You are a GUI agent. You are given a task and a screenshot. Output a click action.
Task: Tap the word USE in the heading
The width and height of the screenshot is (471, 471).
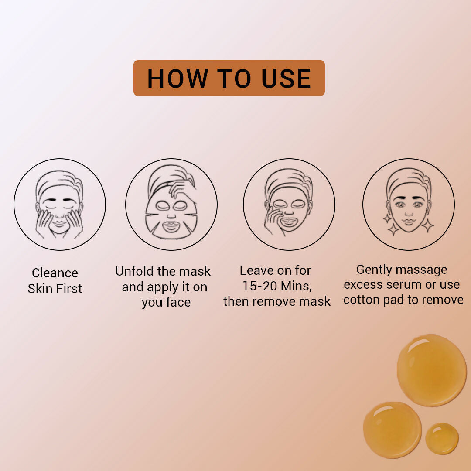pos(286,78)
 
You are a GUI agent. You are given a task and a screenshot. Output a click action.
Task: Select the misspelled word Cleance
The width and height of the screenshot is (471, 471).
pos(55,273)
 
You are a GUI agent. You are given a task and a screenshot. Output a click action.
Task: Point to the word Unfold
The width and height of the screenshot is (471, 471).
pos(134,271)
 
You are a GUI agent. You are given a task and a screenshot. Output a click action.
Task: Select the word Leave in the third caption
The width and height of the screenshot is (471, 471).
pos(257,270)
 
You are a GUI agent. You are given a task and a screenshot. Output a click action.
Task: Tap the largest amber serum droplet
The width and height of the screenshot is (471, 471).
pos(431,370)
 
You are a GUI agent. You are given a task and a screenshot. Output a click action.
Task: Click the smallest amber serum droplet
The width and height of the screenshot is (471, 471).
pos(442,438)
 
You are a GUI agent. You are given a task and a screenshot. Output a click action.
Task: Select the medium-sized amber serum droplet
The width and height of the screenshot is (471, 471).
pos(392,430)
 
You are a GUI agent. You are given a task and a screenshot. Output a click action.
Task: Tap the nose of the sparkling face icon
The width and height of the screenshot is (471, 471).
pos(409,212)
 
